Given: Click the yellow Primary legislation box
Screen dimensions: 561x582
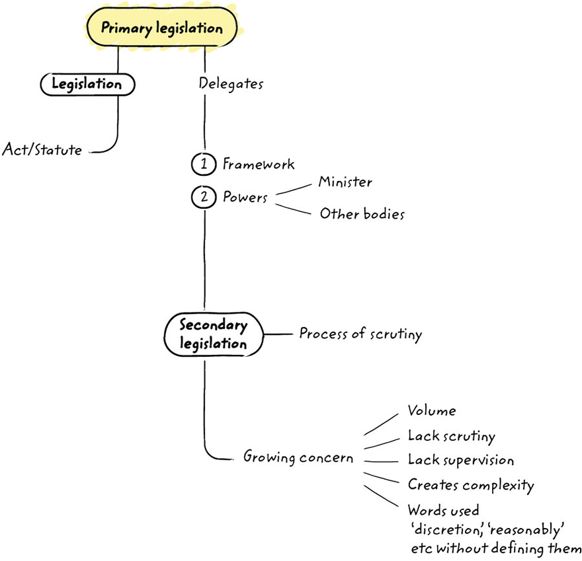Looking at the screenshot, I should click(x=161, y=28).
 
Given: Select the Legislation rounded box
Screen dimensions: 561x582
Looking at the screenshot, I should click(x=87, y=84).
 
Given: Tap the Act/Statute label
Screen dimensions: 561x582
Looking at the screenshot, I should click(x=42, y=150).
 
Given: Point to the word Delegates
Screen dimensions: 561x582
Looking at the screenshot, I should click(x=231, y=84).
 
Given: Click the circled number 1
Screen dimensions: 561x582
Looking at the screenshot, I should click(x=204, y=164).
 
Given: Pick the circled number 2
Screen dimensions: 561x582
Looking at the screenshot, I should click(x=204, y=198).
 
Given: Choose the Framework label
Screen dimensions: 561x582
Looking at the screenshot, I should click(x=259, y=164).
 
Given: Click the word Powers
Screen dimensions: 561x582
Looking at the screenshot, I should click(x=245, y=198).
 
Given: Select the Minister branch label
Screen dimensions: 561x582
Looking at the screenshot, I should click(x=345, y=182).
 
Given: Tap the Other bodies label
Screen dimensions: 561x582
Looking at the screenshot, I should click(x=362, y=214).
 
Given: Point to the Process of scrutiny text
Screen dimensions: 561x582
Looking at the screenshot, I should click(x=360, y=334).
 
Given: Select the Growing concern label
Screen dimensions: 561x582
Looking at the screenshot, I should click(x=298, y=457).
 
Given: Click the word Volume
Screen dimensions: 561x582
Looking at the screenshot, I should click(x=432, y=411).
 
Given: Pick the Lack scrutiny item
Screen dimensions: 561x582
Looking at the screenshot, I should click(x=451, y=435).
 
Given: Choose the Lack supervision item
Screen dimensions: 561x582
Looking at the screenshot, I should click(x=460, y=460).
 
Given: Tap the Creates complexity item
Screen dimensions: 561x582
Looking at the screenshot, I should click(x=470, y=485).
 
